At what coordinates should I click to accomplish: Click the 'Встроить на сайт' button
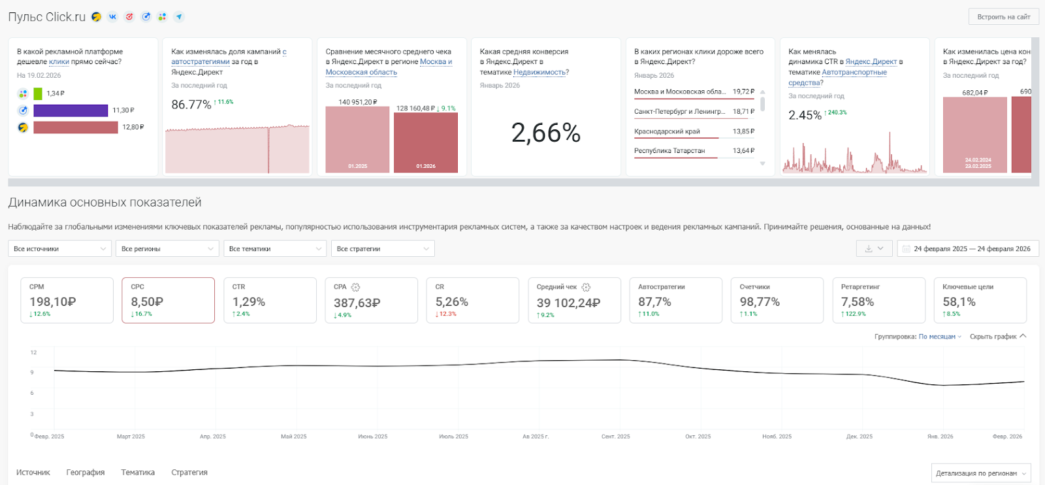point(1003,17)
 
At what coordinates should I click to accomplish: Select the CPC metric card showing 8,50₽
point(168,300)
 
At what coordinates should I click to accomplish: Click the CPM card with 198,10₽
point(67,300)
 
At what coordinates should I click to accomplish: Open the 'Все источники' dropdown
point(59,249)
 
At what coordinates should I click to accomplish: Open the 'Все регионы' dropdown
point(167,249)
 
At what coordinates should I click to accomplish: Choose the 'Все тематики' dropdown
point(275,249)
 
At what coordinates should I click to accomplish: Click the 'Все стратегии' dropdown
point(383,249)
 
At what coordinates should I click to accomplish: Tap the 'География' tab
point(86,473)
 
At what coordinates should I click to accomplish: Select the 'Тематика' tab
point(138,473)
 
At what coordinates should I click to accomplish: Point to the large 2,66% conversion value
point(545,133)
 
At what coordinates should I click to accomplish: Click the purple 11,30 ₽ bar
point(71,110)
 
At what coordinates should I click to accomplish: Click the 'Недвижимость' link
point(539,73)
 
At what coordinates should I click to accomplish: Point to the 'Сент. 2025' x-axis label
point(615,437)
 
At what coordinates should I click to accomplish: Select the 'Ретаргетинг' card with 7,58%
point(878,300)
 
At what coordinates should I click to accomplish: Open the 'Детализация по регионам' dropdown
point(980,473)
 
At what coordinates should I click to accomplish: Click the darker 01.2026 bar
point(426,142)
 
